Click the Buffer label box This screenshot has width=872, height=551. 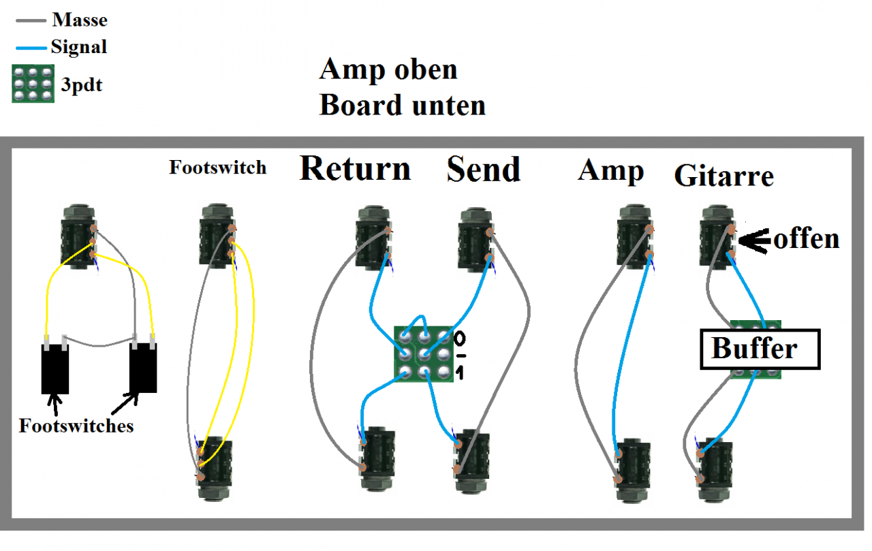point(760,349)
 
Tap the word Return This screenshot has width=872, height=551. point(355,168)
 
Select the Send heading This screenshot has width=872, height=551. point(484,169)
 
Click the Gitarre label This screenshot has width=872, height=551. point(724,176)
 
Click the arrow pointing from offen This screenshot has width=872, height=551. point(754,238)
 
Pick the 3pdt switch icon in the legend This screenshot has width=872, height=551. point(33,84)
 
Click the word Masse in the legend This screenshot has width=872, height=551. point(80,20)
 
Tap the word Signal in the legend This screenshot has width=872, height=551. point(78,47)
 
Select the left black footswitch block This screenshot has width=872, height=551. point(54,368)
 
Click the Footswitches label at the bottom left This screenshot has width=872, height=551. point(76,426)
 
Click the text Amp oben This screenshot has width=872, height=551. point(388,69)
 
